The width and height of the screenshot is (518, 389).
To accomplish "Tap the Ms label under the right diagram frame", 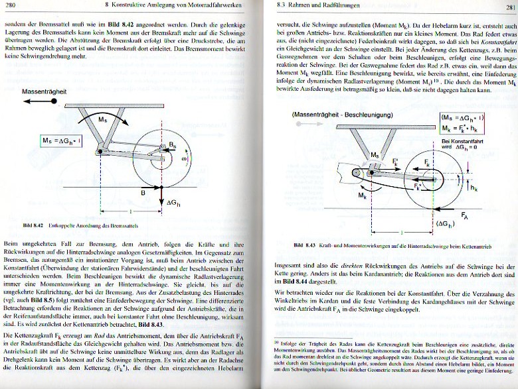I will [376, 154].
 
